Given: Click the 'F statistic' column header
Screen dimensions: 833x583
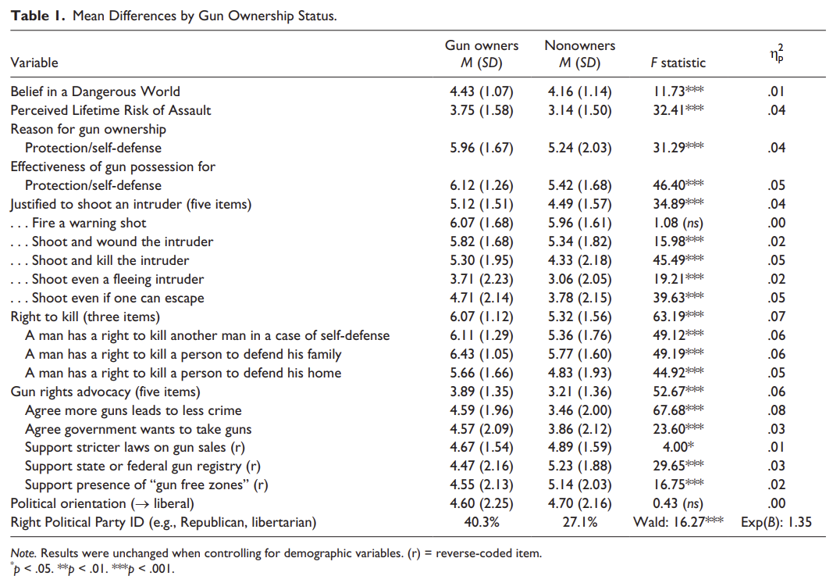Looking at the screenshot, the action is [x=678, y=63].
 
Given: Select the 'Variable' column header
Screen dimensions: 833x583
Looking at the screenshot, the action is [x=34, y=63].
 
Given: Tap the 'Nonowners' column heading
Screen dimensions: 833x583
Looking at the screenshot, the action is [x=579, y=46].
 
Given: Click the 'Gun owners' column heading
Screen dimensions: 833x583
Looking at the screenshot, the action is [x=482, y=46].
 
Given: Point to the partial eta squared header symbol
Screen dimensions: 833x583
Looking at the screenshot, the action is [x=776, y=53].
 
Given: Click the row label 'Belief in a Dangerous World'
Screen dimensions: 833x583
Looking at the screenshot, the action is [x=95, y=91].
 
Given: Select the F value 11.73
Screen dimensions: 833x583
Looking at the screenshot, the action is [x=678, y=91].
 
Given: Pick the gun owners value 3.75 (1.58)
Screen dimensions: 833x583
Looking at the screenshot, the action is [x=482, y=110].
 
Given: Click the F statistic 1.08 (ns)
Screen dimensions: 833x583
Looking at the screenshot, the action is [x=678, y=223].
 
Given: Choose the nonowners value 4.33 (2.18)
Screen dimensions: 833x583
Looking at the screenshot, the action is [x=579, y=260].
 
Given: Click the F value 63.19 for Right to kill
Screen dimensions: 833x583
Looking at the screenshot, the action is [x=678, y=317].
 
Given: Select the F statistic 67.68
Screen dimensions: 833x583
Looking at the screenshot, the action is [x=678, y=410].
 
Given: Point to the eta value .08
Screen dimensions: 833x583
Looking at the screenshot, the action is [x=776, y=410].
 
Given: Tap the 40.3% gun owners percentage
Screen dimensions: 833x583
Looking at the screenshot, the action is [x=482, y=522].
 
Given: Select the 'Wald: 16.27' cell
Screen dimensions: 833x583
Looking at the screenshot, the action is [x=678, y=522].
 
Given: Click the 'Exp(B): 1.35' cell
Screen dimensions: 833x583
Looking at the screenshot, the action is [x=776, y=522].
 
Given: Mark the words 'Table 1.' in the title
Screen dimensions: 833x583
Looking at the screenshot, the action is [x=37, y=16].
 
